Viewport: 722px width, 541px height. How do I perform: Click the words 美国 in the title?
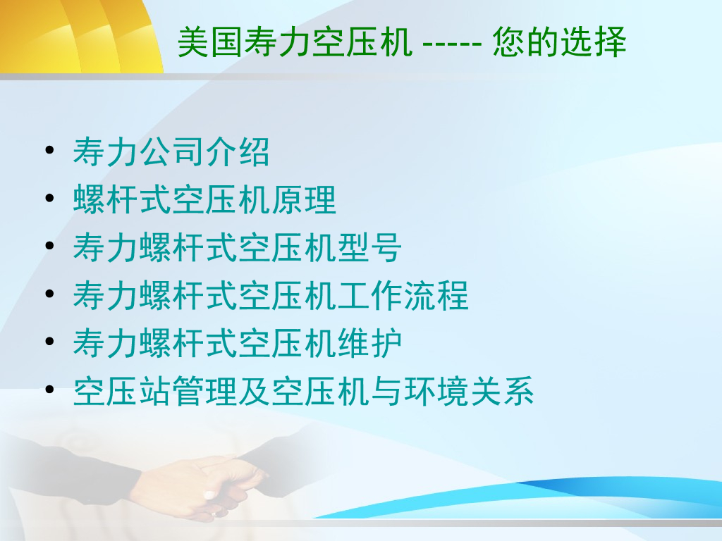[x=210, y=42]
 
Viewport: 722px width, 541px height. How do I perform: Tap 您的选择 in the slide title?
[x=559, y=42]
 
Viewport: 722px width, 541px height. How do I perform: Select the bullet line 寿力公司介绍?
[x=171, y=152]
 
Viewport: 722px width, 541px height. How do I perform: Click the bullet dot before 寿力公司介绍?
[x=50, y=150]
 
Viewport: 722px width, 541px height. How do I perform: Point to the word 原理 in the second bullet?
[x=304, y=199]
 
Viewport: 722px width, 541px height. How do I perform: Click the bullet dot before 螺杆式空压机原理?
[x=50, y=198]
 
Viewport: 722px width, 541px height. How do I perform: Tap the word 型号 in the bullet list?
[x=369, y=247]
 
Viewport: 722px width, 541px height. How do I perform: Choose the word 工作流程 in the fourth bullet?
[x=403, y=295]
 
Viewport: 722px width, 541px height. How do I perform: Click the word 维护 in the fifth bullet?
[x=369, y=343]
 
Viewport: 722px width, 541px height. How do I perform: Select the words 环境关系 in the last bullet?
[x=469, y=391]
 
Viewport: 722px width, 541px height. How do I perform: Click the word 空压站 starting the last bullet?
[x=121, y=391]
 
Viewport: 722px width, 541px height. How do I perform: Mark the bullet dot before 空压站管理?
[x=50, y=389]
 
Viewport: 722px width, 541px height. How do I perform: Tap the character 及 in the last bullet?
[x=254, y=391]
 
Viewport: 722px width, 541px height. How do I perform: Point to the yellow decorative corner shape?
[x=80, y=36]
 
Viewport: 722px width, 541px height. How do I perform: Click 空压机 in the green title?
[x=362, y=42]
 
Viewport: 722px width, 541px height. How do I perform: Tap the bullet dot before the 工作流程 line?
[x=50, y=294]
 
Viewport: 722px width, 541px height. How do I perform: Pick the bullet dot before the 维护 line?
[x=50, y=342]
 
